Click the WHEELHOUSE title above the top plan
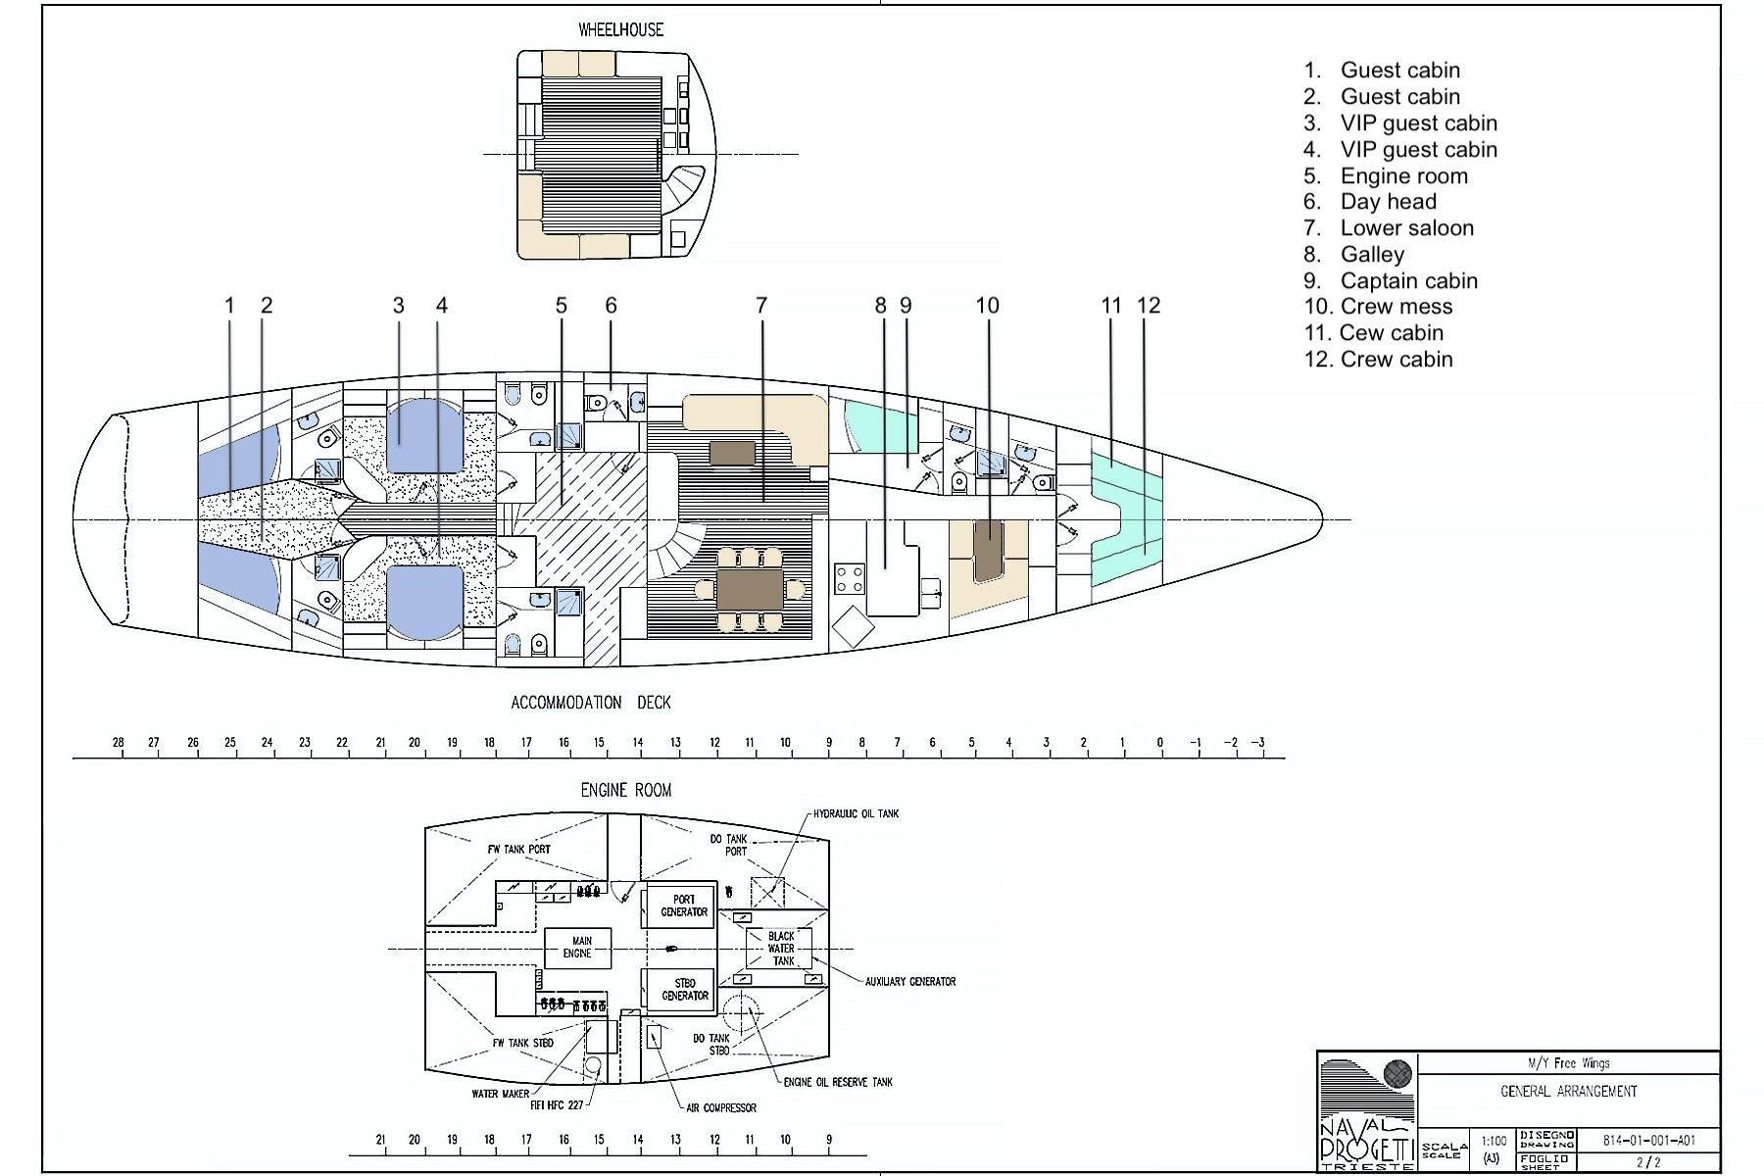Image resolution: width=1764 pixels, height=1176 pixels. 620,30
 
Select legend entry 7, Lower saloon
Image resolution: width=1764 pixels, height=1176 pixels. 1405,228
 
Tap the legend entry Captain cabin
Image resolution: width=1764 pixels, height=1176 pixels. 1407,281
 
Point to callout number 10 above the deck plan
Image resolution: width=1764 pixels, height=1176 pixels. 987,306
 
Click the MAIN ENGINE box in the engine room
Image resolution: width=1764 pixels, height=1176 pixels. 578,948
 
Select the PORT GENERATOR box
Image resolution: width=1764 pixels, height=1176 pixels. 683,906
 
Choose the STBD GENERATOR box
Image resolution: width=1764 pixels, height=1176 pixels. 684,989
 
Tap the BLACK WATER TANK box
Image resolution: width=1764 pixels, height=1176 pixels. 781,949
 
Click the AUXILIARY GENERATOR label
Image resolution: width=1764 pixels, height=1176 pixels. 909,981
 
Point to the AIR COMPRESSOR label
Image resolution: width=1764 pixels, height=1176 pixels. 721,1108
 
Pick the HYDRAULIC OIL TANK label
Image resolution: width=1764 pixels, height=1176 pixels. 856,814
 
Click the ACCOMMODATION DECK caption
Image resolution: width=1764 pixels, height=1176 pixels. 591,703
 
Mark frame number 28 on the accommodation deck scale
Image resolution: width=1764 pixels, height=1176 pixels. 119,743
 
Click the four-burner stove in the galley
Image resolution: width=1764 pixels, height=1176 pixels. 849,578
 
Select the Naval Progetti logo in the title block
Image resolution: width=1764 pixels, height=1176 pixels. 1366,1112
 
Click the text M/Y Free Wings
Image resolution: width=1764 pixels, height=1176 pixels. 1568,1063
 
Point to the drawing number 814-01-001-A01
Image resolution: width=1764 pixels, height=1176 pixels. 1648,1141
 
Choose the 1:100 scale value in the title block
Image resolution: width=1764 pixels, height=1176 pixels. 1494,1141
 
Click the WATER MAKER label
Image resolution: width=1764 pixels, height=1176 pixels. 500,1094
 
